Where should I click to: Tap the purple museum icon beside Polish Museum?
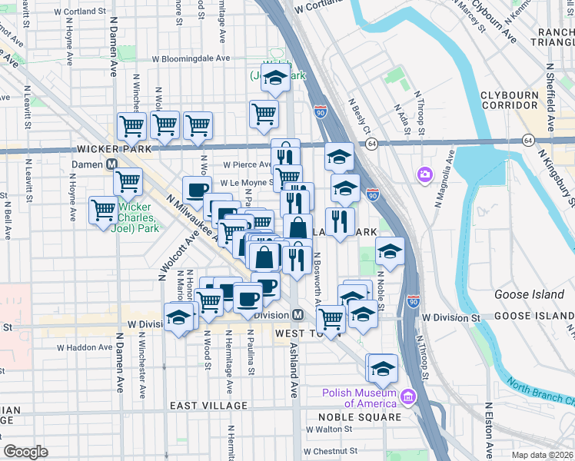pos(407,397)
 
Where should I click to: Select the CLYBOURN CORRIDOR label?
pos(509,101)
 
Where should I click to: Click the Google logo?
pos(25,452)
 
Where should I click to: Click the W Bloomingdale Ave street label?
pos(191,58)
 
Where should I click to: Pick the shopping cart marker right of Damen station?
pos(128,182)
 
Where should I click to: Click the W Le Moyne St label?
pos(246,184)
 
